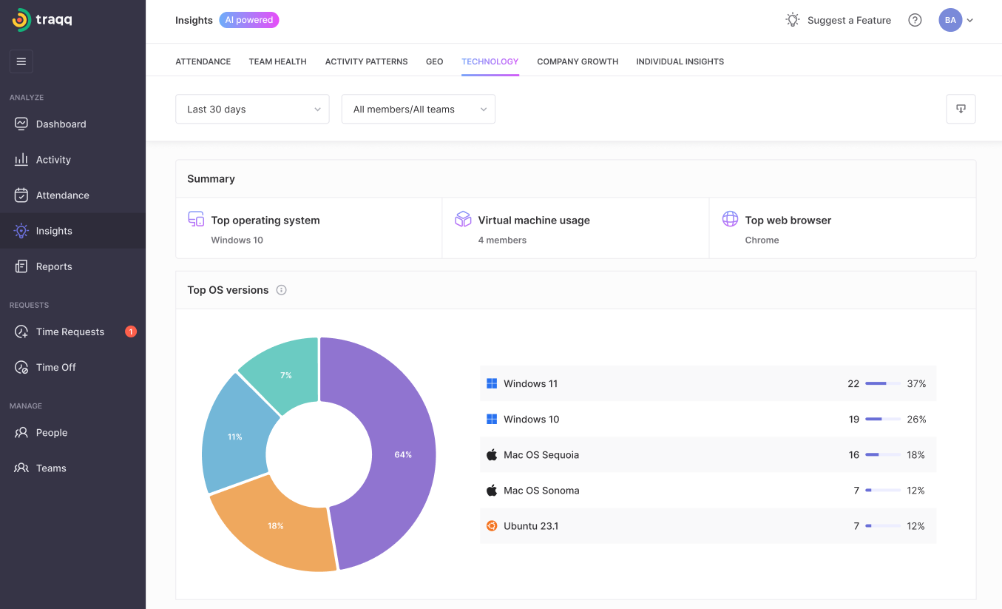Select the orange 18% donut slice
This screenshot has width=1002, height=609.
click(x=276, y=526)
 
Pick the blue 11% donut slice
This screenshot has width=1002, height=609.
click(x=235, y=437)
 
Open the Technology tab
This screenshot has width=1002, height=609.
click(x=490, y=61)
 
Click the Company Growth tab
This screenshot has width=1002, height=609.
click(x=578, y=61)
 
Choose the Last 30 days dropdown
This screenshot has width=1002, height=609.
click(x=252, y=110)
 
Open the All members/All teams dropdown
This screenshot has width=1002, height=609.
click(x=419, y=110)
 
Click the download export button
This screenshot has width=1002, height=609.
click(x=961, y=110)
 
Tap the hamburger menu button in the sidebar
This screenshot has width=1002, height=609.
click(x=21, y=61)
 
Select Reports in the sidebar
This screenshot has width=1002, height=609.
click(x=54, y=266)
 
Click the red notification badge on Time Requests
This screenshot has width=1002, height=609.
click(x=131, y=332)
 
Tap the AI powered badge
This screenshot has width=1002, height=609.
click(x=248, y=20)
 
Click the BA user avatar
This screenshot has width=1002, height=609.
click(x=950, y=20)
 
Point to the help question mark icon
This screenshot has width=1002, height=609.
click(x=915, y=20)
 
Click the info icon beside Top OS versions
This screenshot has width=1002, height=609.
click(x=281, y=290)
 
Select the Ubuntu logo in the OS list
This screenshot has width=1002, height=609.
click(x=492, y=526)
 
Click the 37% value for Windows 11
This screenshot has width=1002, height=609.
click(x=916, y=383)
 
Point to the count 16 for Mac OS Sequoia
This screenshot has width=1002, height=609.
click(x=853, y=454)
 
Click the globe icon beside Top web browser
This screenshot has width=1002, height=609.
click(x=730, y=219)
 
